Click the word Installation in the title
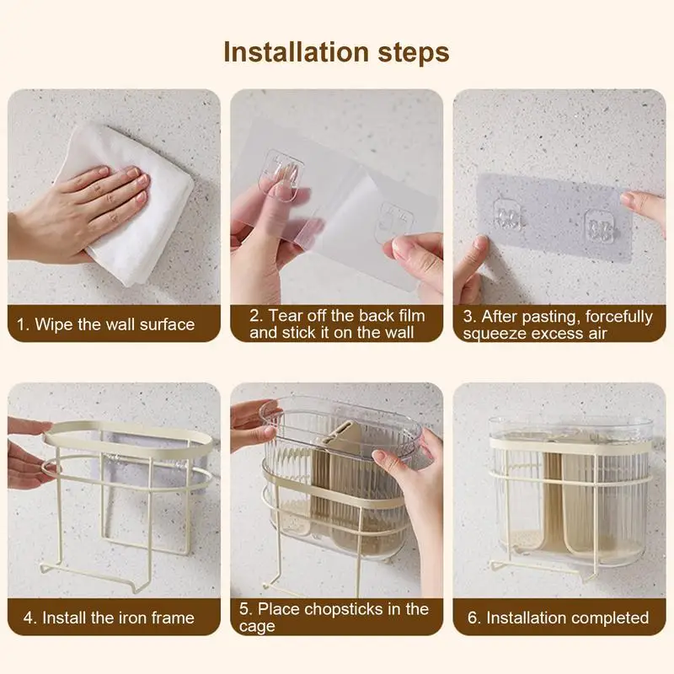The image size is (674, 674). (x=297, y=52)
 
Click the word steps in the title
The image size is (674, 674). (x=414, y=53)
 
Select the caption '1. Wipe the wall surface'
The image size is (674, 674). (x=106, y=324)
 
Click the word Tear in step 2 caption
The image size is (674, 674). (x=287, y=315)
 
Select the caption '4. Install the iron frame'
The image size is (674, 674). (x=109, y=618)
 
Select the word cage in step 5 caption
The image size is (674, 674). (x=257, y=627)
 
